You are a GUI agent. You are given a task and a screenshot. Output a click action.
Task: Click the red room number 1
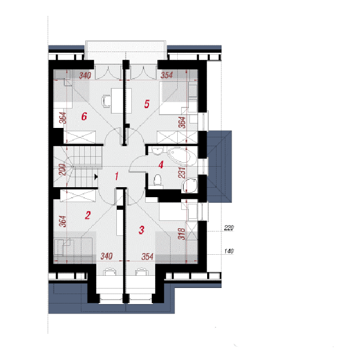[117, 176]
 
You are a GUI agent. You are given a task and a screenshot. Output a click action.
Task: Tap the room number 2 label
[88, 215]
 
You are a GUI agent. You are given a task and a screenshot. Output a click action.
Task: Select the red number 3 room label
[141, 230]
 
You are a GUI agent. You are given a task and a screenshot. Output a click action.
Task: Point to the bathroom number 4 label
[161, 164]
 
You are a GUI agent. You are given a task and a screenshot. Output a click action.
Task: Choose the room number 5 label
[147, 104]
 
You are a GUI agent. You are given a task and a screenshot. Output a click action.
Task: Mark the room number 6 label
[84, 116]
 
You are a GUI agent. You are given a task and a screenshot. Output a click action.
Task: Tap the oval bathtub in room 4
[182, 156]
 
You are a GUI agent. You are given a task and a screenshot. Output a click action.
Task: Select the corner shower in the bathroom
[189, 186]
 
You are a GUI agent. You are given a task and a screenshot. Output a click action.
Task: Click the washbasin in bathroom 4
[157, 151]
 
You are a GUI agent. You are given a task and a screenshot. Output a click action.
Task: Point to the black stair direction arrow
[96, 177]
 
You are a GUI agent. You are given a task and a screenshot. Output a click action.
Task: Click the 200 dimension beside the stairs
[63, 169]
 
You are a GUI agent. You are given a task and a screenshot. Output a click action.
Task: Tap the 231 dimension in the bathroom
[182, 172]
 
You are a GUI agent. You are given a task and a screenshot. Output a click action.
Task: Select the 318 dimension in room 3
[182, 234]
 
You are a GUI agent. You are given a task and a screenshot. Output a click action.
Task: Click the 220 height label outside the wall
[229, 228]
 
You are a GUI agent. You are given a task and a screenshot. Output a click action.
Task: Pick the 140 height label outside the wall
[229, 251]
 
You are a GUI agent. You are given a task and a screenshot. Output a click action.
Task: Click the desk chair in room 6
[106, 101]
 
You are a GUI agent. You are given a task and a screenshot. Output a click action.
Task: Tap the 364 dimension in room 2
[63, 221]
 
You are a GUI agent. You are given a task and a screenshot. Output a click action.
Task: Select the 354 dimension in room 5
[167, 75]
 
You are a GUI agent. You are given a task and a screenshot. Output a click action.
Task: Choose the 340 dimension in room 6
[85, 75]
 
